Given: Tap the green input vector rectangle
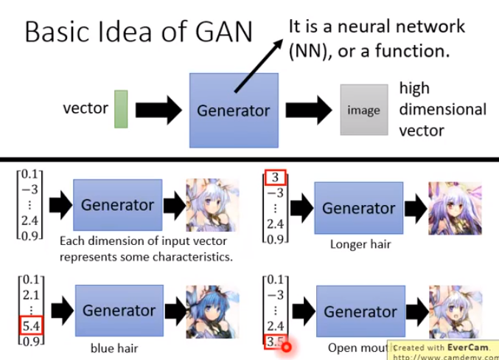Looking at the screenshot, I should pos(122,109).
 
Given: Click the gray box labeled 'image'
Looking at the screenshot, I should pos(363,110).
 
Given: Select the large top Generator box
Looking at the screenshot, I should pos(234,110).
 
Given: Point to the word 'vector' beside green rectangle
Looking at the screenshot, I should pos(86,109).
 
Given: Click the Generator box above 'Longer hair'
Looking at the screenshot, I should pos(358,209).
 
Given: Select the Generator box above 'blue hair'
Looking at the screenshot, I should pos(117,310).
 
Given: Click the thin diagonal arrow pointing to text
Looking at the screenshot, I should pos(259,66).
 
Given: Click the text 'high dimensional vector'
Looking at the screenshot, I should pos(442,109).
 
